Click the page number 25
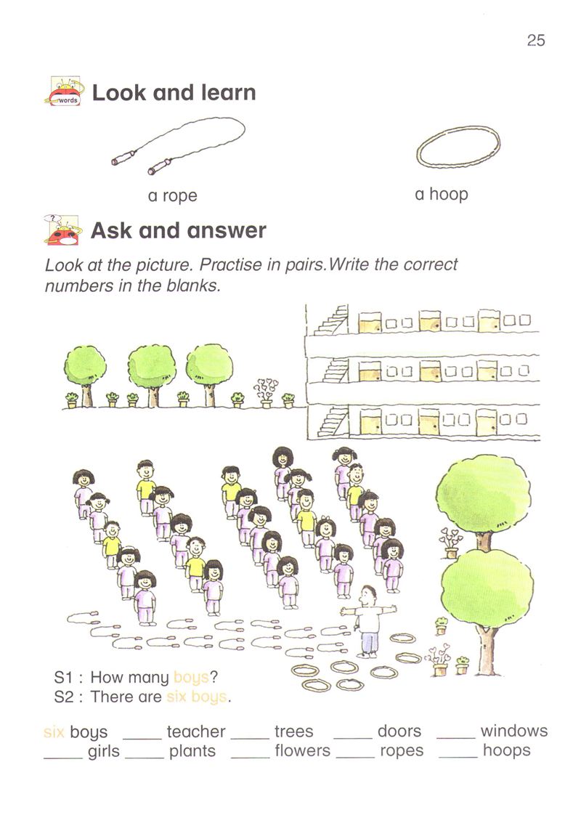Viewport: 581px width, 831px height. tap(536, 40)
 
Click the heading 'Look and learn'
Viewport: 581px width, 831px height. tap(174, 93)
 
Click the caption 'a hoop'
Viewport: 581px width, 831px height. tap(441, 194)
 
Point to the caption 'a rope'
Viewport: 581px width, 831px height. tap(173, 195)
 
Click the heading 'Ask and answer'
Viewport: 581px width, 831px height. tap(179, 230)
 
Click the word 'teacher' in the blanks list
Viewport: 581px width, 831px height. tap(196, 731)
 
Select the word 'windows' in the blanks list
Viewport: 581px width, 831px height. tap(513, 731)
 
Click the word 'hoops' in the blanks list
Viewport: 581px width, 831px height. tap(506, 750)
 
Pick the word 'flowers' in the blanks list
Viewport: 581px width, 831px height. tap(302, 750)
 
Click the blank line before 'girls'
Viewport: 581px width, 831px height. tap(63, 758)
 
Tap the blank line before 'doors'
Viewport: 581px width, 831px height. tap(353, 738)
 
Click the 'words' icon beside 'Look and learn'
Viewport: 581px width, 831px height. tap(63, 91)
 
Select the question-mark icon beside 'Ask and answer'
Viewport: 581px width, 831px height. tap(62, 230)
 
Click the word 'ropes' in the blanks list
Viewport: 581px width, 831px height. tap(402, 752)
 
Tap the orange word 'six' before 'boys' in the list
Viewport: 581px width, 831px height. tap(54, 732)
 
